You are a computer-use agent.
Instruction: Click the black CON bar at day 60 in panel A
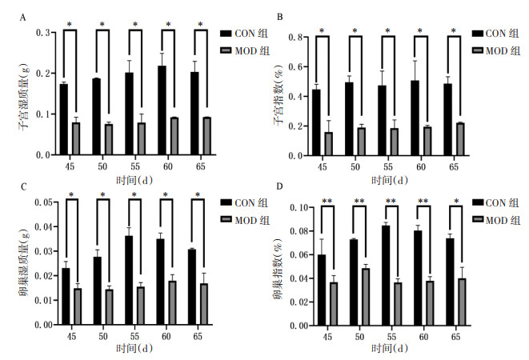pyautogui.click(x=162, y=110)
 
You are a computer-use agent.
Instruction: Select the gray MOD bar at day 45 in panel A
pyautogui.click(x=76, y=138)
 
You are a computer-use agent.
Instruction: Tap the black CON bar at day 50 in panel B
pyautogui.click(x=349, y=119)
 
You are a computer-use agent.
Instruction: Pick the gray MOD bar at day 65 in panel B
pyautogui.click(x=460, y=139)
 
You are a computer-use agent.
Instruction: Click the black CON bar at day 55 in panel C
pyautogui.click(x=129, y=280)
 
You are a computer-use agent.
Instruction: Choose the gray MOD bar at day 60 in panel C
pyautogui.click(x=172, y=303)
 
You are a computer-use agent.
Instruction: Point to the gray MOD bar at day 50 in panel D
pyautogui.click(x=366, y=297)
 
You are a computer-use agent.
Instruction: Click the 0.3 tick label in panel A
pyautogui.click(x=43, y=33)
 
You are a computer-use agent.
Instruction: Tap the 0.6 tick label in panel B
pyautogui.click(x=295, y=67)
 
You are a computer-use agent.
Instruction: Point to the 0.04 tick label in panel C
pyautogui.click(x=44, y=226)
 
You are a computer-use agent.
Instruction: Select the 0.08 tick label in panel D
pyautogui.click(x=299, y=231)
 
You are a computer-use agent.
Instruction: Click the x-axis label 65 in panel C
pyautogui.click(x=198, y=336)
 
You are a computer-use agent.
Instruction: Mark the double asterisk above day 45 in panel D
pyautogui.click(x=327, y=202)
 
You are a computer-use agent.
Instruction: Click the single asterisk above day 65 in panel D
pyautogui.click(x=456, y=202)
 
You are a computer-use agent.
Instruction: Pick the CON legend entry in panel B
pyautogui.click(x=495, y=34)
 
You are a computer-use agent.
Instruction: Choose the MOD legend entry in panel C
pyautogui.click(x=245, y=220)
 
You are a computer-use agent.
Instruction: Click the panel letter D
pyautogui.click(x=279, y=186)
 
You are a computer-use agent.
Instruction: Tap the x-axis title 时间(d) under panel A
pyautogui.click(x=134, y=180)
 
